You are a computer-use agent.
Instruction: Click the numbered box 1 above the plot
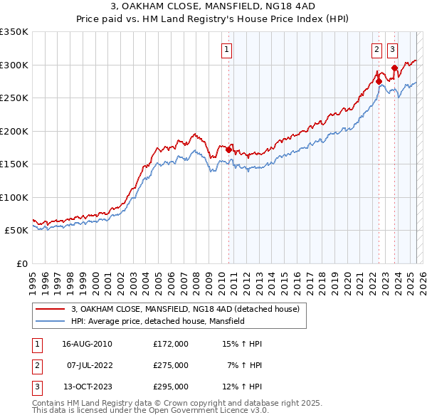coord(226,50)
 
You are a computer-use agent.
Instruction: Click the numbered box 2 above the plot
coord(376,50)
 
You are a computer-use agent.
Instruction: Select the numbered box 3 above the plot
coord(393,50)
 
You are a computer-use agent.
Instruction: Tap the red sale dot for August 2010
coord(228,149)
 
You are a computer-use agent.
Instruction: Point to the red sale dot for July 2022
coord(379,81)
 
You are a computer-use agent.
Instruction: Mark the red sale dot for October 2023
coord(394,68)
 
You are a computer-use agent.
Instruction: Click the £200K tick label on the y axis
coord(14,131)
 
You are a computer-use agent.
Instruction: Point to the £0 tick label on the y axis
coord(21,263)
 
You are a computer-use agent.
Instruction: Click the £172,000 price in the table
coord(171,344)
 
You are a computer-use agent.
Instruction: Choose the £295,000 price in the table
coord(171,387)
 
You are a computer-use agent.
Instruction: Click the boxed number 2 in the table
coord(37,365)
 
